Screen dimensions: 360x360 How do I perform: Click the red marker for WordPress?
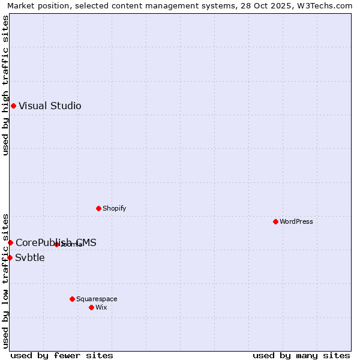(x=275, y=221)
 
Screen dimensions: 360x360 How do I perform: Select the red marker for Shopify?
(x=98, y=208)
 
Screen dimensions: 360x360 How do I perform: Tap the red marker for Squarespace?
(x=72, y=299)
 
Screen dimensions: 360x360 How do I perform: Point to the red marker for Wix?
(x=91, y=307)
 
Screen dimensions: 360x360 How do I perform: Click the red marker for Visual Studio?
(x=13, y=106)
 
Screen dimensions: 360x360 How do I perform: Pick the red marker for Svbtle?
(x=10, y=257)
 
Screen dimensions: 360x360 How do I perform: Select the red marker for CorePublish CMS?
(x=10, y=242)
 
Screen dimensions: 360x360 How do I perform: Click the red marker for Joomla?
(x=56, y=244)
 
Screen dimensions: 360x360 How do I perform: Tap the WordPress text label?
(x=296, y=221)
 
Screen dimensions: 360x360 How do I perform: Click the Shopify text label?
(x=114, y=208)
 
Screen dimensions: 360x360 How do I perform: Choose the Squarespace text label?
(x=97, y=299)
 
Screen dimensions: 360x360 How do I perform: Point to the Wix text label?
(x=101, y=307)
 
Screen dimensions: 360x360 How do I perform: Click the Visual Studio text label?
(x=50, y=106)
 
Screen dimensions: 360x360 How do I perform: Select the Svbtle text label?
(x=30, y=258)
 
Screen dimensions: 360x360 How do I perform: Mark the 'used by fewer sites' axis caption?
(x=62, y=355)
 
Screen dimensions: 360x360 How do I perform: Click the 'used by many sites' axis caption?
(x=301, y=355)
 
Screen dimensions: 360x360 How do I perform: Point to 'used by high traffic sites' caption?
(x=5, y=85)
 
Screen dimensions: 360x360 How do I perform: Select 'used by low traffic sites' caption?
(x=5, y=280)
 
